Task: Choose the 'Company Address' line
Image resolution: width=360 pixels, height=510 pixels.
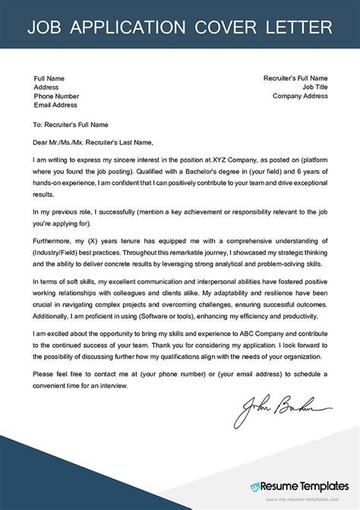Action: click(x=300, y=97)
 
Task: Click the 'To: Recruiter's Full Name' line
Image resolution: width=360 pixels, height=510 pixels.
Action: click(x=76, y=124)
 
